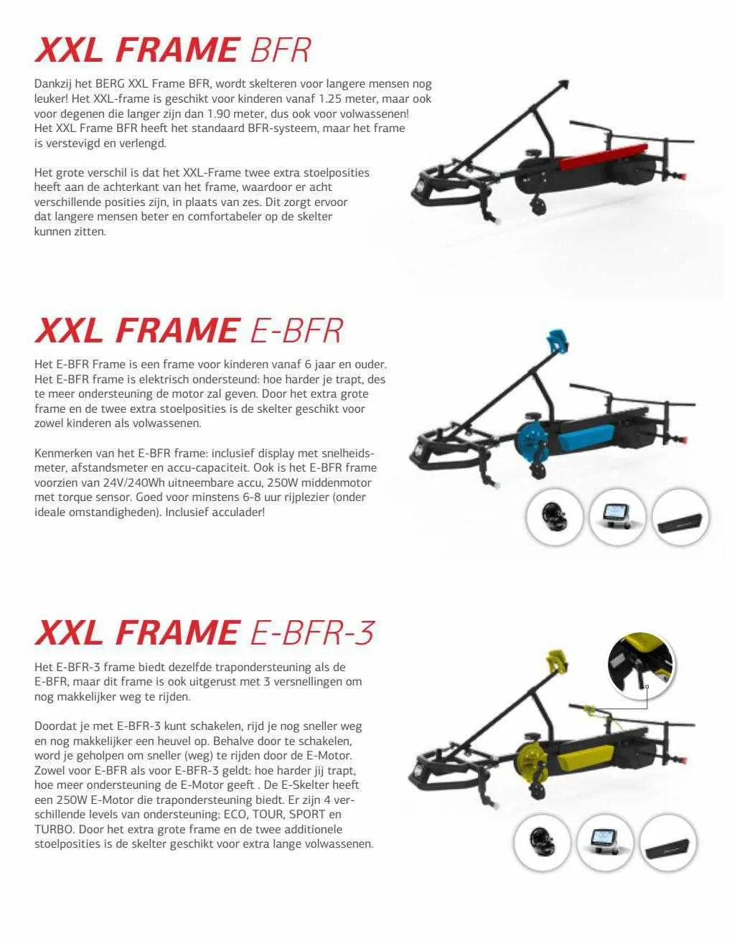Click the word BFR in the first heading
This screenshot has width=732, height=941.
(281, 50)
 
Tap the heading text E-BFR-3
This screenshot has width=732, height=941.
(311, 632)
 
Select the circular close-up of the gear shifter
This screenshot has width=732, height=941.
(641, 667)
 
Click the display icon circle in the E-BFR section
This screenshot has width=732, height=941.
(617, 517)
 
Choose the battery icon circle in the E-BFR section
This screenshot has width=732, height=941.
(680, 517)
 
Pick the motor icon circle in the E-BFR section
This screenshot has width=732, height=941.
(555, 517)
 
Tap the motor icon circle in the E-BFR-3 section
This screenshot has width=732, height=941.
(542, 842)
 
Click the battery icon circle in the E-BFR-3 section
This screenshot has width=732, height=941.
(668, 842)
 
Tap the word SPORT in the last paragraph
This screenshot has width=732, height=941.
(307, 814)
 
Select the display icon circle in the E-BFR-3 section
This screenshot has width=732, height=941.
(605, 842)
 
